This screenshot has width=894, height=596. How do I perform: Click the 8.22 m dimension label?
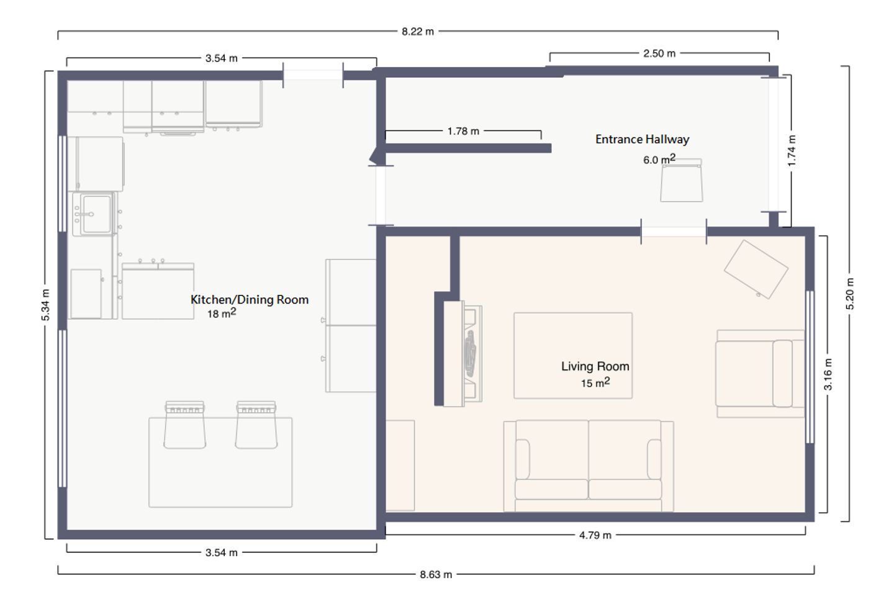[x=417, y=32]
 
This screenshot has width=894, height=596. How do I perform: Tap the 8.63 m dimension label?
[x=436, y=574]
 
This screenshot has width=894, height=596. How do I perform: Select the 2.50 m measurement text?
[x=659, y=53]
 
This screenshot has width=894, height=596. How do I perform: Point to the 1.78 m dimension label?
[x=463, y=131]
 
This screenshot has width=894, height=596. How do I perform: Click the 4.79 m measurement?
[x=595, y=535]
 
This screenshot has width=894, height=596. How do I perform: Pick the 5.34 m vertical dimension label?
[x=45, y=305]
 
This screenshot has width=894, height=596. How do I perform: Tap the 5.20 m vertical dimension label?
[x=850, y=294]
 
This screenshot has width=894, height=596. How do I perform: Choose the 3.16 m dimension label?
[x=828, y=374]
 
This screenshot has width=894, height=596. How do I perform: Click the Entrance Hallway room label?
[x=642, y=139]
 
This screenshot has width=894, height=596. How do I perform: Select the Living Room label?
[x=595, y=366]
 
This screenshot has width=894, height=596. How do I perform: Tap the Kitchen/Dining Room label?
[x=250, y=299]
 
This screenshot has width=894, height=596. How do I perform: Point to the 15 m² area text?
[x=595, y=382]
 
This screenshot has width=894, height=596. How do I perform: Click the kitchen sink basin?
[x=97, y=214]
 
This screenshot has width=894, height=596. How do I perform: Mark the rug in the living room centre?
[x=572, y=355]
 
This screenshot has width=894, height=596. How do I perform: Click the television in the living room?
[x=471, y=353]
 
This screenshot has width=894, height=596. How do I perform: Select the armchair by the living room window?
[x=760, y=374]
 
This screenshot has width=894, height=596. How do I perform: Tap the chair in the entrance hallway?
[x=681, y=180]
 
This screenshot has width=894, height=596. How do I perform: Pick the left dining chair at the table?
[x=185, y=425]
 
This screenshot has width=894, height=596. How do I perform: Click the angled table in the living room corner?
[x=756, y=269]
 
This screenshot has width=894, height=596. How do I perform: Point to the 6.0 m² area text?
[x=659, y=159]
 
